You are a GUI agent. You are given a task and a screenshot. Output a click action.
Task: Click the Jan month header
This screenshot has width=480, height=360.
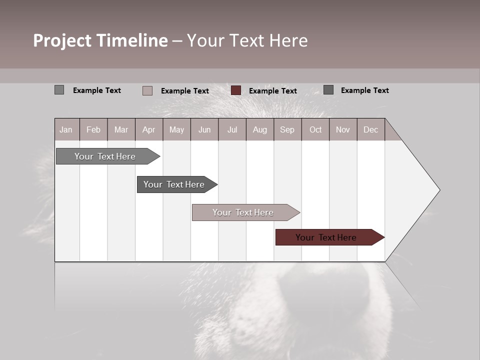66,129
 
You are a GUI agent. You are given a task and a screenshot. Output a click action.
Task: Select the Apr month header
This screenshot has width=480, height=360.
148,129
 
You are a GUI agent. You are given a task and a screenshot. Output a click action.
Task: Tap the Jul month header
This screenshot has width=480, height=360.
232,129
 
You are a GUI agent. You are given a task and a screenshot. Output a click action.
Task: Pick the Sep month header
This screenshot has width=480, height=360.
287,129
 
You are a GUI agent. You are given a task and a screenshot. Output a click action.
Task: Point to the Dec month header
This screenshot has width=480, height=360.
370,129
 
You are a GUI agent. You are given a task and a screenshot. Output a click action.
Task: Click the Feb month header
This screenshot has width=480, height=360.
93,129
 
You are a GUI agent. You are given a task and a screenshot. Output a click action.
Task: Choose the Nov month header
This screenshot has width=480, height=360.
342,129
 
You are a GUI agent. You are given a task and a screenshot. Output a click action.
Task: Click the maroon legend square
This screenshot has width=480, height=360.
236,90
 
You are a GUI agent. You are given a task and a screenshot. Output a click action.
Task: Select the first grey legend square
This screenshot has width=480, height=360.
59,90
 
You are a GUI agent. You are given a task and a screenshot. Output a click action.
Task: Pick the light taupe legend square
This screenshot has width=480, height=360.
147,90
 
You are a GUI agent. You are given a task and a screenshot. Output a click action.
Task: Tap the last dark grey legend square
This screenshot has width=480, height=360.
328,90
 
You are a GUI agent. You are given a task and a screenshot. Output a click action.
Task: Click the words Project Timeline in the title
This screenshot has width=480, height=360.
100,40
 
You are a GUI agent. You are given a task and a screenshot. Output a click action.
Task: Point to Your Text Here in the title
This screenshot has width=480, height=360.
247,40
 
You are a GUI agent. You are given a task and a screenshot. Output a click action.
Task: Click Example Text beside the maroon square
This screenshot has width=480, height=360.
272,91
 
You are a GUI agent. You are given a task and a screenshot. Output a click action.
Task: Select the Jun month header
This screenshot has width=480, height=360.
204,129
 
